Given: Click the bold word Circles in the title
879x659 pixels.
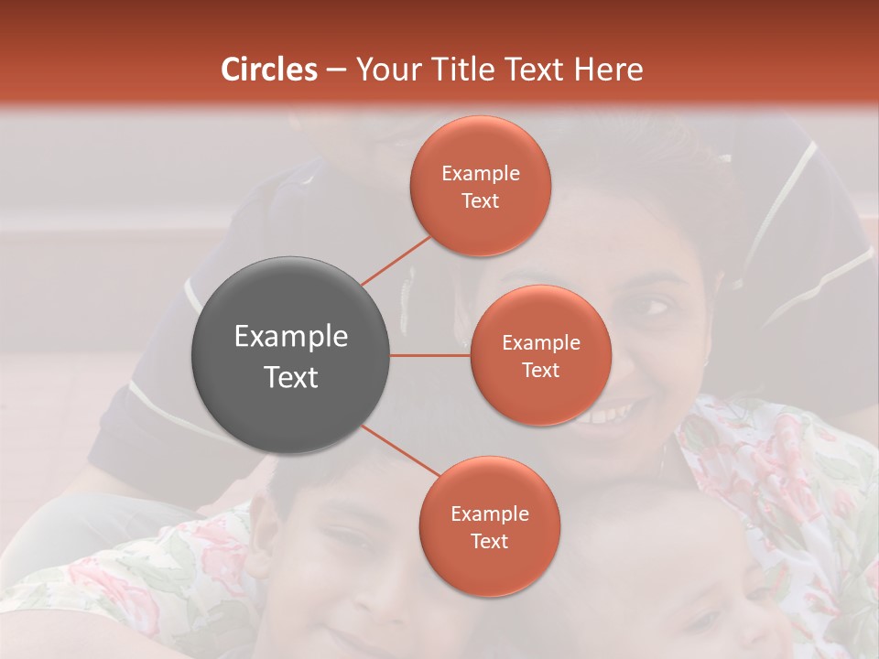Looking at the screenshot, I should click(x=269, y=70).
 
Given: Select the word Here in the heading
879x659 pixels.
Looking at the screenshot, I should click(x=609, y=70).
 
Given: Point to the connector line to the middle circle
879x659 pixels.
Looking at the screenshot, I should click(x=430, y=355).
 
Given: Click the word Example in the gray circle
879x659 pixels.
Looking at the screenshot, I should click(x=291, y=337).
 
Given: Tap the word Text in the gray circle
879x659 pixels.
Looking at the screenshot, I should click(x=291, y=377).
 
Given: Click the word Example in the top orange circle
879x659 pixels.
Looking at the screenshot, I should click(x=481, y=174).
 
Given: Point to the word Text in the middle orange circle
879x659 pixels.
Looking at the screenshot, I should click(x=541, y=370).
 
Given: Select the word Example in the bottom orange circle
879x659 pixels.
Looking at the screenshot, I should click(x=490, y=514).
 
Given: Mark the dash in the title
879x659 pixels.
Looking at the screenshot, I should click(x=336, y=70).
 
